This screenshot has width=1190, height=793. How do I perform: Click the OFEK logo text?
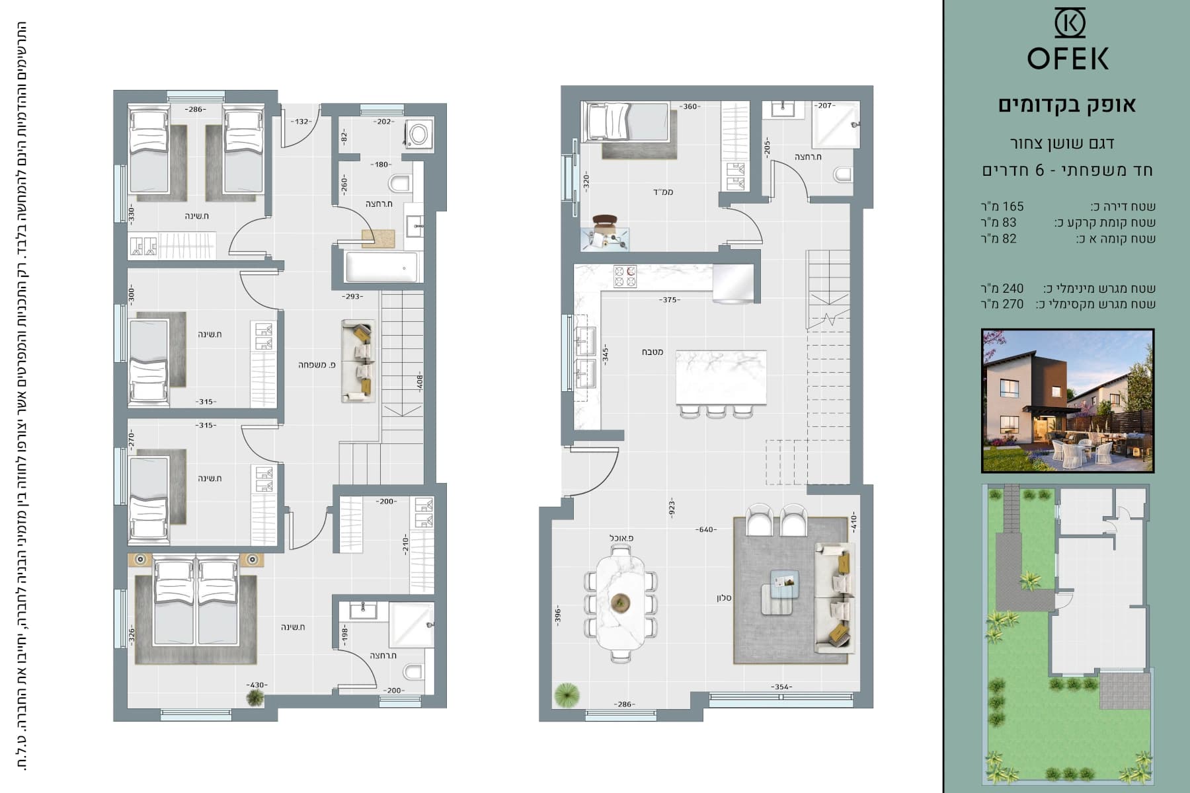coord(1068,59)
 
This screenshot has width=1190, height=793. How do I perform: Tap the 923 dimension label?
coord(672,507)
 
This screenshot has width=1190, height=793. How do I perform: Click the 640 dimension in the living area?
coord(706,529)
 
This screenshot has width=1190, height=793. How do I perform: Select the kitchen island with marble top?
coord(721,377)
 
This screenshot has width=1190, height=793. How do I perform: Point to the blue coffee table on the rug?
coord(784,584)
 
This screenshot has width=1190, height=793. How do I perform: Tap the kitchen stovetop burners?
coord(625,277)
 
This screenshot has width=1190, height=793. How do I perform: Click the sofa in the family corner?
coord(358,361)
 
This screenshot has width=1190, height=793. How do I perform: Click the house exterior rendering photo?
coord(1068,400)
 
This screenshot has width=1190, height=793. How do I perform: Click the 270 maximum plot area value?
coord(1012,304)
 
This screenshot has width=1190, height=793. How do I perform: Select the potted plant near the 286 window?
coord(567,695)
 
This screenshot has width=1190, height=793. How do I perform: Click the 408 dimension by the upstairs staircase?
coord(419,382)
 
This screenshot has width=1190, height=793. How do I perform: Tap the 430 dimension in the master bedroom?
coord(255,685)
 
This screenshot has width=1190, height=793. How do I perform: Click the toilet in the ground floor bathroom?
coord(843,174)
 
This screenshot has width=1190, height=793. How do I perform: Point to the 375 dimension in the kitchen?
coord(669,299)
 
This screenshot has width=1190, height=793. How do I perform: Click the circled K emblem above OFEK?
coord(1069,23)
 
